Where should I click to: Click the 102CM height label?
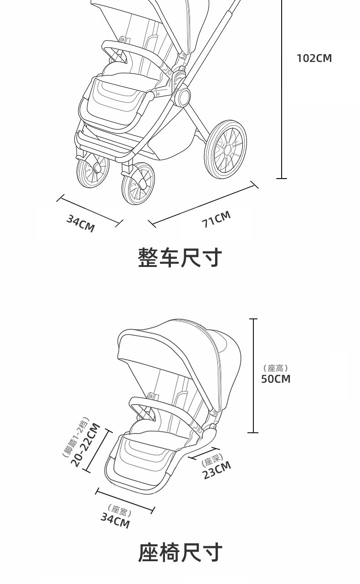tap(314, 58)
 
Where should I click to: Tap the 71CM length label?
tap(216, 219)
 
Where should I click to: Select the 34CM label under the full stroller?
tap(81, 223)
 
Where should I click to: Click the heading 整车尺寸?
tap(180, 258)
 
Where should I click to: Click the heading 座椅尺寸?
tap(180, 552)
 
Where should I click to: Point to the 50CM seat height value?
tap(276, 379)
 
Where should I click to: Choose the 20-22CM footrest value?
tap(86, 445)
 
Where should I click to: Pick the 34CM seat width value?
tap(115, 520)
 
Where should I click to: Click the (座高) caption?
tap(276, 368)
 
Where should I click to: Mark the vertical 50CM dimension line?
tap(253, 376)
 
